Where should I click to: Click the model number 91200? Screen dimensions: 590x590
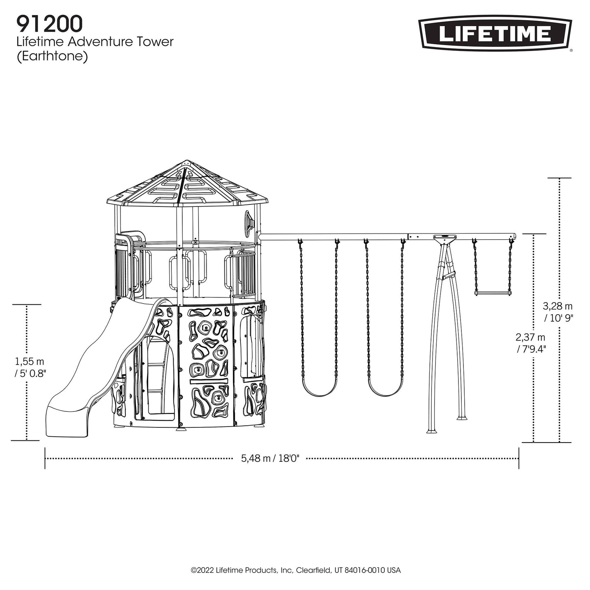(x=50, y=24)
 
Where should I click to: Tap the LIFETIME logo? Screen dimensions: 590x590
(x=495, y=33)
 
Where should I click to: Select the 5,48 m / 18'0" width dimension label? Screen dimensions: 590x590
(x=270, y=458)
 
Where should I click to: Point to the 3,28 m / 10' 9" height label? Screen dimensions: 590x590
(x=558, y=312)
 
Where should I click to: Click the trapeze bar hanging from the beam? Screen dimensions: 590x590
(x=493, y=293)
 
